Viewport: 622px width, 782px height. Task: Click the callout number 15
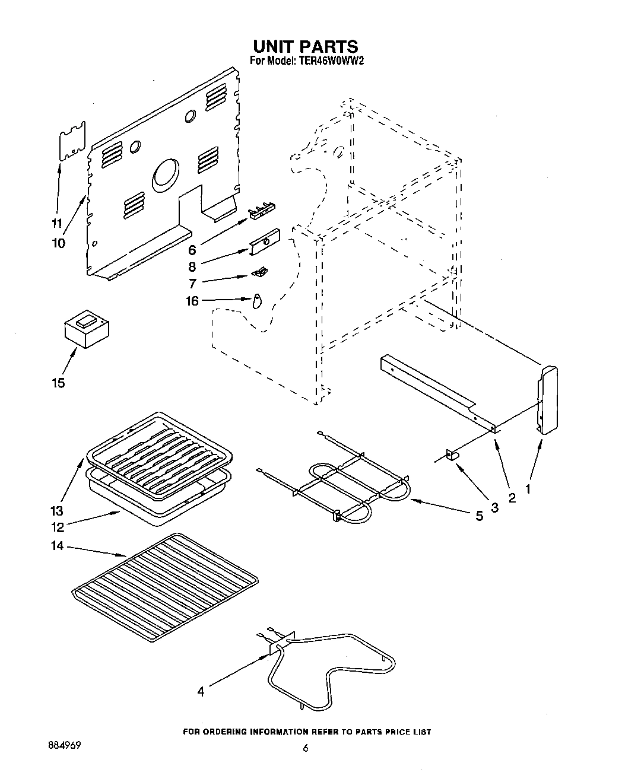click(x=58, y=383)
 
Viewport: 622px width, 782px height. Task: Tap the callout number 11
click(x=56, y=224)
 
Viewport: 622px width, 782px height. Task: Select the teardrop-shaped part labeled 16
click(x=256, y=302)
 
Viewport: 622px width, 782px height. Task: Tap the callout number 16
click(x=192, y=301)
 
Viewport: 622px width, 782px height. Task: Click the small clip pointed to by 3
click(x=454, y=454)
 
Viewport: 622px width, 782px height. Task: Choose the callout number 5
click(x=479, y=516)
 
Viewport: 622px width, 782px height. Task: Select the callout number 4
click(x=201, y=691)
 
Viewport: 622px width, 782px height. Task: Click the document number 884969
click(x=62, y=745)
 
